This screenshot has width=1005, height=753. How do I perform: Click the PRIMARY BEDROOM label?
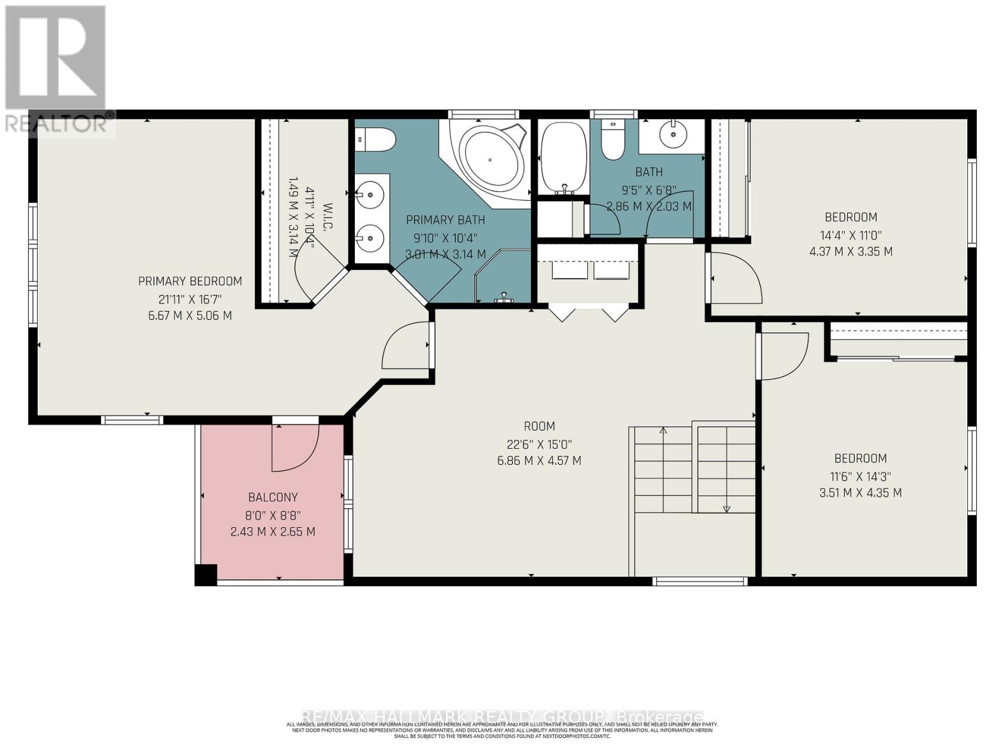point(190,281)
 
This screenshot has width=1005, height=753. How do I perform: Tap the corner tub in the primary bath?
point(491,159)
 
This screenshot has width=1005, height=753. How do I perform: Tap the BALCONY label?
point(273,498)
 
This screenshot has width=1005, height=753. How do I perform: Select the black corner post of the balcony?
point(205,574)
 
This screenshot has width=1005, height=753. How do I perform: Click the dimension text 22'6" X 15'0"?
point(539,444)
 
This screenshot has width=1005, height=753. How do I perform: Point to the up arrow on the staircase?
point(663,430)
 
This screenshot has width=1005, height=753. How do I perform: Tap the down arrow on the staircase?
point(726,508)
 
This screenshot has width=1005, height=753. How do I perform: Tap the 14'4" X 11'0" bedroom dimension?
point(850,235)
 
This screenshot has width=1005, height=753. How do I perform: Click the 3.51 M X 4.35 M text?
point(860,493)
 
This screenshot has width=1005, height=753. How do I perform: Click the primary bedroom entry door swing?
point(407,346)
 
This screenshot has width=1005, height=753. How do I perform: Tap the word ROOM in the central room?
point(539,427)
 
